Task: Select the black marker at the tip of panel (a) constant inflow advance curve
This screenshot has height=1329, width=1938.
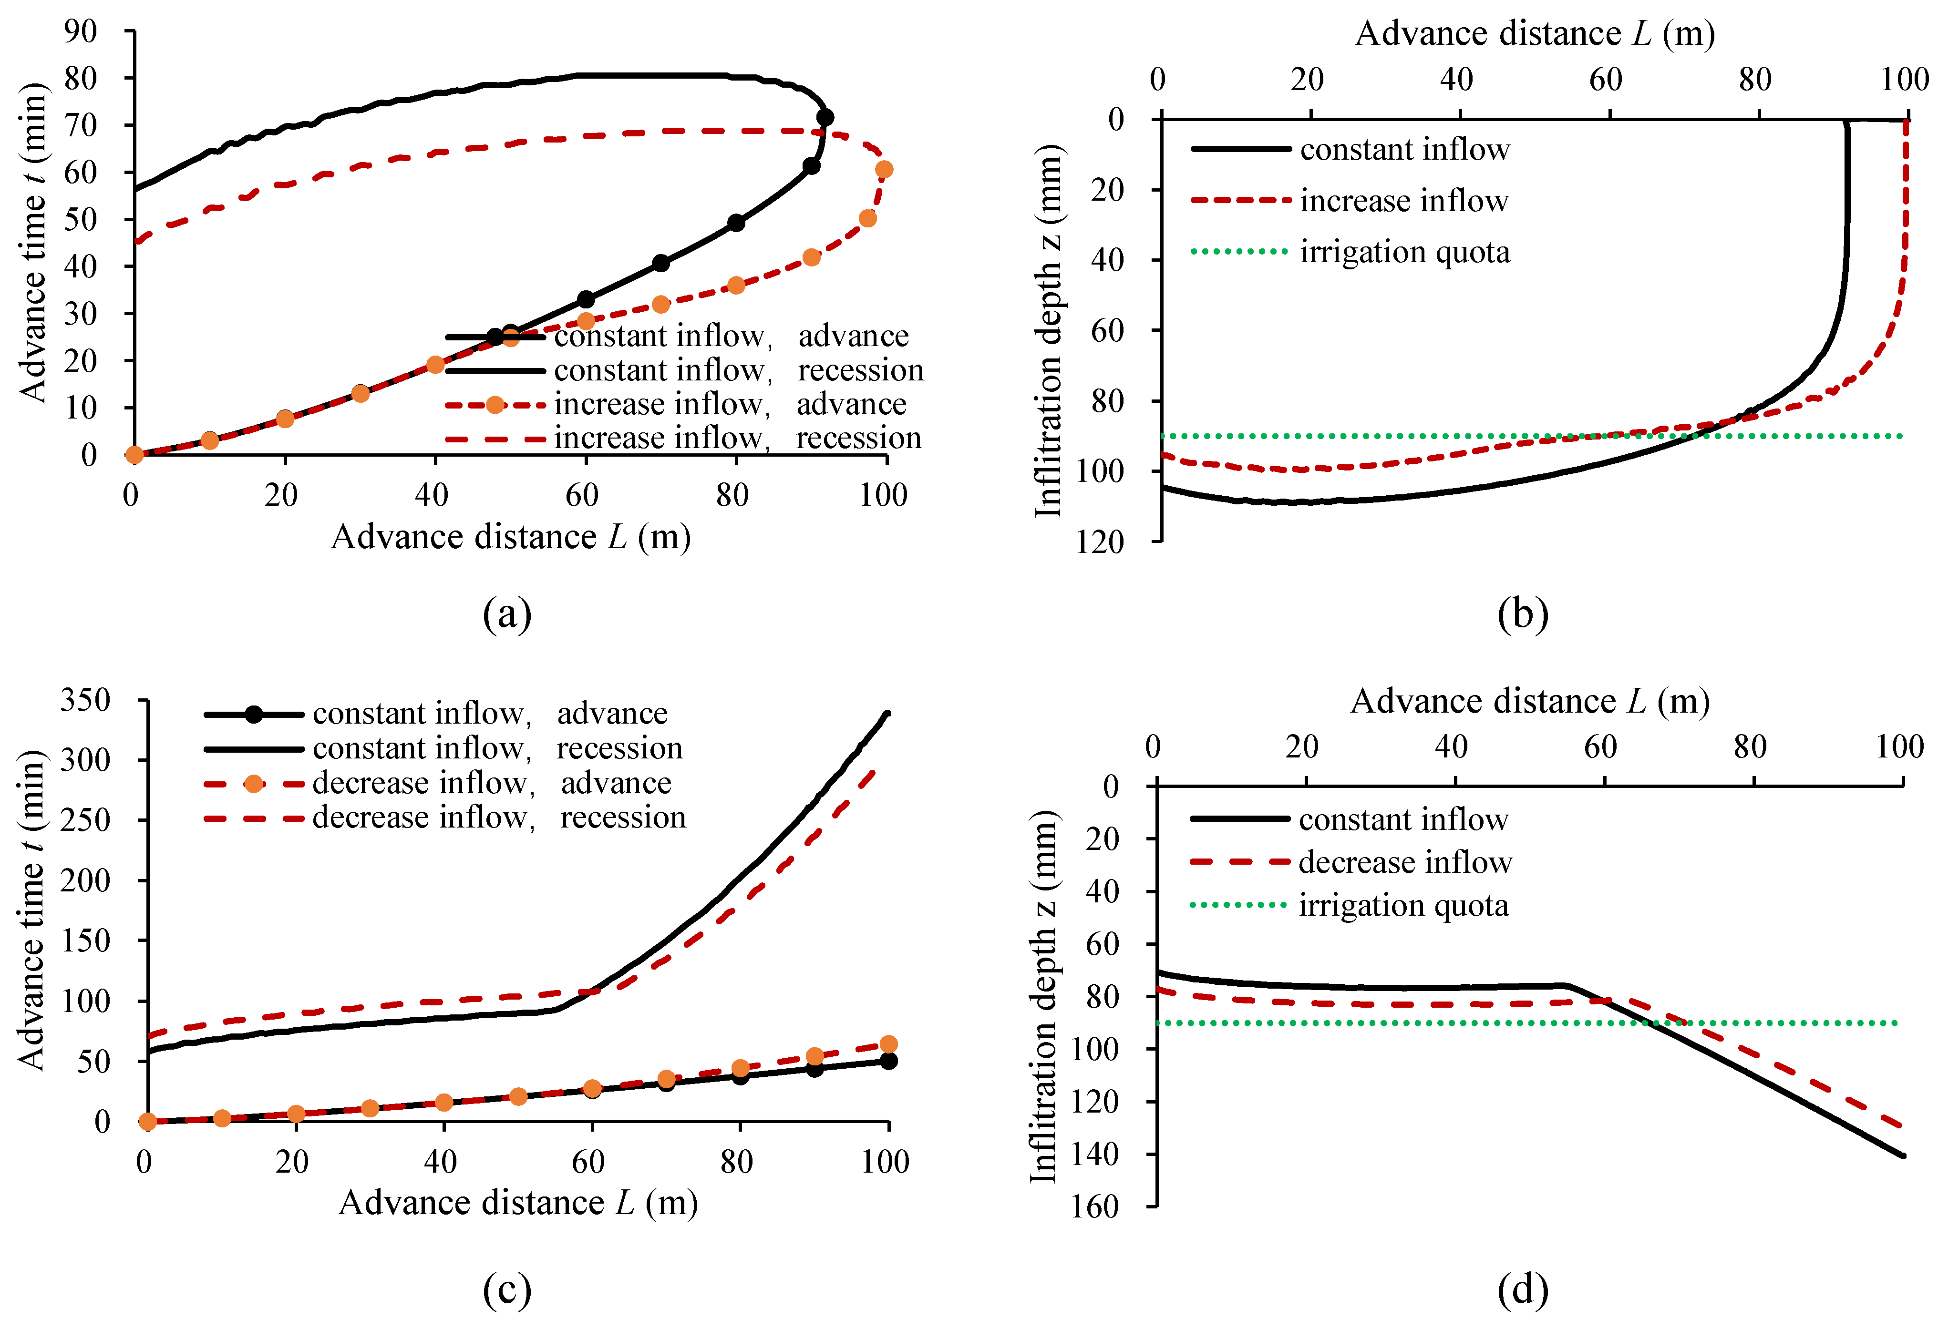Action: (825, 118)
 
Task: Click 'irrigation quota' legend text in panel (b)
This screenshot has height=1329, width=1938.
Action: (1404, 252)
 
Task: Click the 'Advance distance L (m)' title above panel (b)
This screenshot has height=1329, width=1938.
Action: (1535, 34)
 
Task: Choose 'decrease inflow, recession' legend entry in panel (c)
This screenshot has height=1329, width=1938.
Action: (499, 818)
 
